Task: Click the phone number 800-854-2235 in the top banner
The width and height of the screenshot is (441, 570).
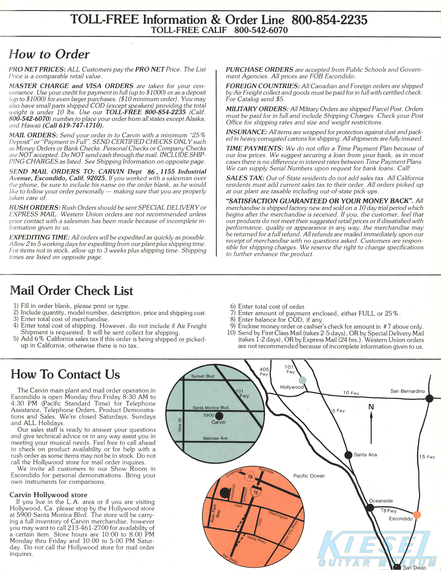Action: click(329, 20)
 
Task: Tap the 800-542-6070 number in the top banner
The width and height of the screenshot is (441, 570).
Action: click(261, 30)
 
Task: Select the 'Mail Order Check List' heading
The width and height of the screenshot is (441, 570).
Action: click(72, 291)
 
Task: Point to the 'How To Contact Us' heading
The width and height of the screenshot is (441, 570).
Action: click(65, 374)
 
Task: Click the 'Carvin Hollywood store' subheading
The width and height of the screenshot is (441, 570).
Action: click(48, 495)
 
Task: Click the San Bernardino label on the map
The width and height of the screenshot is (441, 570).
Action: click(407, 391)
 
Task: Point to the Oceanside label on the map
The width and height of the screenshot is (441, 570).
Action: click(381, 501)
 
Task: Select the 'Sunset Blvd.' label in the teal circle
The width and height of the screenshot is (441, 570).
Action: click(203, 376)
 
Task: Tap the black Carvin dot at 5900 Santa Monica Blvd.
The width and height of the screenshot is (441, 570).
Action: click(219, 416)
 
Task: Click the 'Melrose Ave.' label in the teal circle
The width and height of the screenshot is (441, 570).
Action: click(216, 438)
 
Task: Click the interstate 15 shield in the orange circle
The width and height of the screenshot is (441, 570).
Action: click(256, 492)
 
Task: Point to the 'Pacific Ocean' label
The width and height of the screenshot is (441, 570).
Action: click(309, 476)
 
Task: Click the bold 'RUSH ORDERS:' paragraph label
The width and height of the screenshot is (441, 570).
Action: click(35, 208)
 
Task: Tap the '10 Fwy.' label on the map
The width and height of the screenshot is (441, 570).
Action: click(351, 393)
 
